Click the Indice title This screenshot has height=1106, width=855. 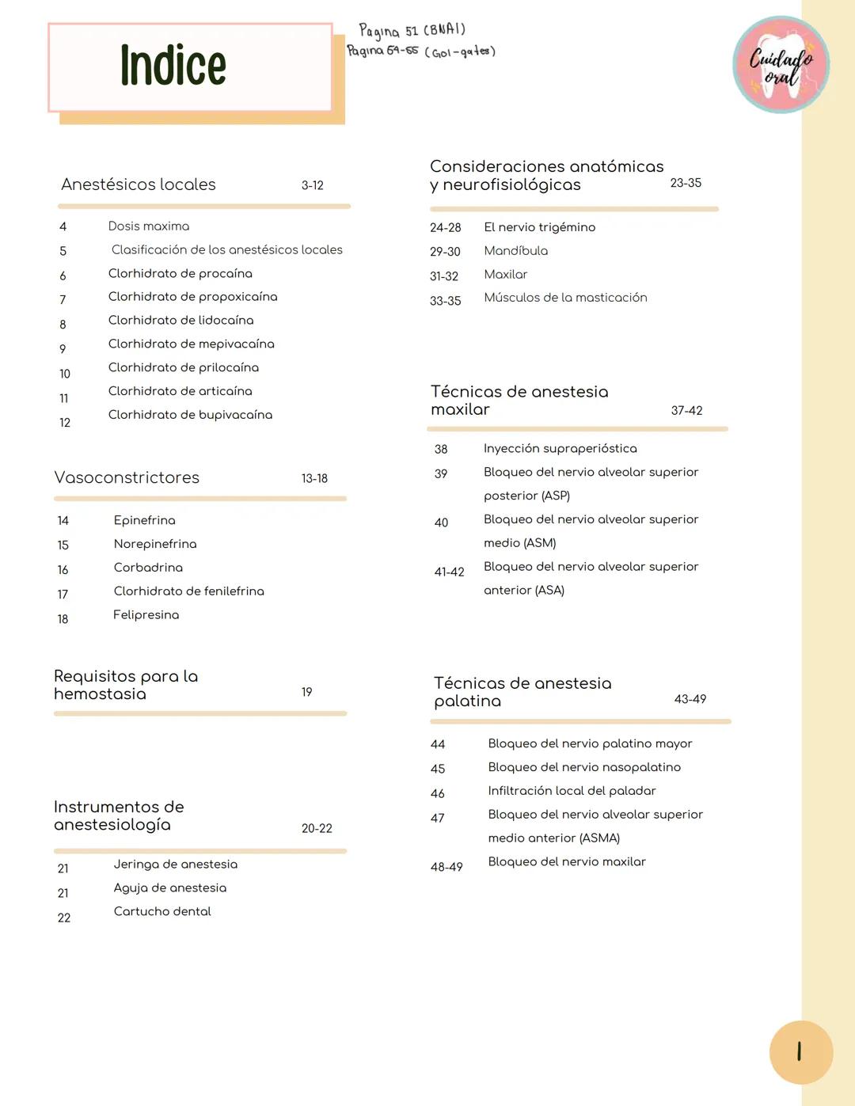[x=173, y=66]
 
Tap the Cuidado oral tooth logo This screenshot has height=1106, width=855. [x=781, y=65]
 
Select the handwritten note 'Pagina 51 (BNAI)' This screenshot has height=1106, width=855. [x=412, y=31]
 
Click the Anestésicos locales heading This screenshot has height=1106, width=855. [x=139, y=184]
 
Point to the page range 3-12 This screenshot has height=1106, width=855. [x=312, y=185]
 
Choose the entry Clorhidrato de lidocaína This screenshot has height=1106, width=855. [x=180, y=320]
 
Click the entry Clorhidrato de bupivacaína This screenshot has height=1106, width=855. [x=190, y=415]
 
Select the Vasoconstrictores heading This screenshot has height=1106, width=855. [x=127, y=478]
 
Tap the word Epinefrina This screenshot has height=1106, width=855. [x=144, y=520]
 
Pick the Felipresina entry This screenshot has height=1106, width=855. [x=146, y=615]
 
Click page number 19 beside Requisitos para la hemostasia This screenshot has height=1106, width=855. [x=306, y=692]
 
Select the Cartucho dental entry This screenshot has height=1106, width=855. [x=162, y=911]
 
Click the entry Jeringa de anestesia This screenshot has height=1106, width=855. [x=175, y=865]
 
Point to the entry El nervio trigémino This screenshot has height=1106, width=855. [x=539, y=227]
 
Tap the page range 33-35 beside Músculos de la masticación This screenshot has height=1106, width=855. [x=445, y=301]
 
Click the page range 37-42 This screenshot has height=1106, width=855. [x=686, y=410]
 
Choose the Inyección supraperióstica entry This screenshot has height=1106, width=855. [x=560, y=448]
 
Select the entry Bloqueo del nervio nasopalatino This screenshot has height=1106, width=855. [x=584, y=767]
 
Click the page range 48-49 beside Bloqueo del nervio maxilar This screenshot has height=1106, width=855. [x=446, y=867]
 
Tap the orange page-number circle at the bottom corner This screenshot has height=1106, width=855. [x=800, y=1052]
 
